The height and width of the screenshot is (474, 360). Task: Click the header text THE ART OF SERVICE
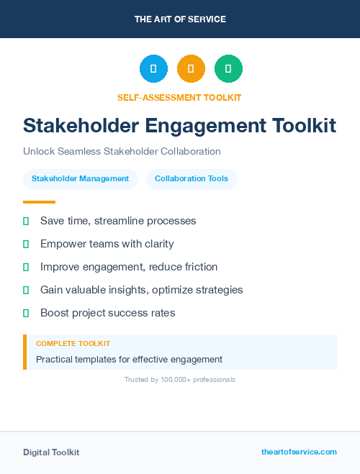coord(180,19)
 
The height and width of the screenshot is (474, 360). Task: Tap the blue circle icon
coord(153,69)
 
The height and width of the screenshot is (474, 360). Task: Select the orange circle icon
coord(191,69)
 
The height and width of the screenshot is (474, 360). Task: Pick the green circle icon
coord(228,69)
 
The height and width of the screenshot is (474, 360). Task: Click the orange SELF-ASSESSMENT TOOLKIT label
coord(179,97)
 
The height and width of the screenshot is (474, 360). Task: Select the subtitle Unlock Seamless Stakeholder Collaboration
coord(122,152)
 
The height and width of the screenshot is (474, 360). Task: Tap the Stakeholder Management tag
coord(80,179)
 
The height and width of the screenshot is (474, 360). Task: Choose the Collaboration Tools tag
coord(192,179)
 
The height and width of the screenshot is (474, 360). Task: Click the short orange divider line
coord(39,202)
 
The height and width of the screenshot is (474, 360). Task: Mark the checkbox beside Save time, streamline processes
coord(26,221)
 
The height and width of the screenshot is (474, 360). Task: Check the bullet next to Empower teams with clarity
coord(26,244)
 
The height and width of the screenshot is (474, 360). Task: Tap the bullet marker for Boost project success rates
coord(26,313)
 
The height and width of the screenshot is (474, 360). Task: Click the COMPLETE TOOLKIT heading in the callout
coord(73,344)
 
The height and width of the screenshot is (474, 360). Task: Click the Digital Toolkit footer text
coord(51,452)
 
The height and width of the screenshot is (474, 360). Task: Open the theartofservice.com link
coord(299,452)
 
